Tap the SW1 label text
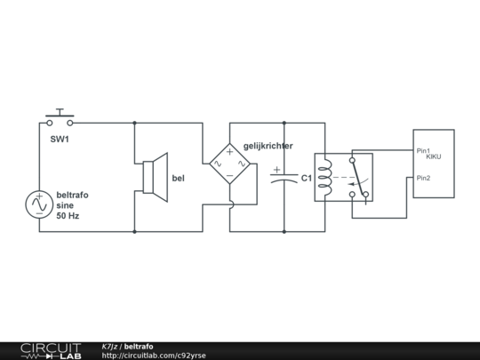coord(60,140)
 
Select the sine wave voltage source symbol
coord(39,205)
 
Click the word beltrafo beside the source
coord(72,195)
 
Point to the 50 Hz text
coord(68,216)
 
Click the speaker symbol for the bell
coord(156,173)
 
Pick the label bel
coord(178,179)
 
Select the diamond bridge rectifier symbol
coord(229,163)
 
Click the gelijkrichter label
coord(268,145)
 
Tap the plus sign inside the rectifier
coord(229,151)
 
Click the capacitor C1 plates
coord(284,178)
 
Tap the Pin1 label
coord(423,150)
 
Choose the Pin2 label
coord(423,178)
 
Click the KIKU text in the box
coord(433,156)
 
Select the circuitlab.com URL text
coord(154,356)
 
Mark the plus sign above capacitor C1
coord(276,169)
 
